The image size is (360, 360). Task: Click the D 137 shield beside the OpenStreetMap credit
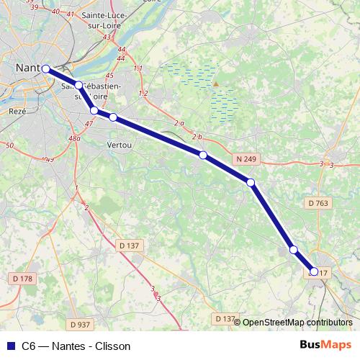pyautogui.click(x=225, y=318)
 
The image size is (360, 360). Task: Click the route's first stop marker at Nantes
pyautogui.click(x=45, y=69)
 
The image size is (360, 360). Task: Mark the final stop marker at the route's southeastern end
pyautogui.click(x=314, y=271)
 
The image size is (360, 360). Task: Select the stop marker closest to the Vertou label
pyautogui.click(x=113, y=117)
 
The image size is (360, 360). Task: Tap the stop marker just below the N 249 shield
pyautogui.click(x=251, y=182)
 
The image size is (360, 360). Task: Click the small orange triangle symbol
pyautogui.click(x=215, y=84)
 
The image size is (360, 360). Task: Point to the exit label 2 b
pyautogui.click(x=198, y=137)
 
